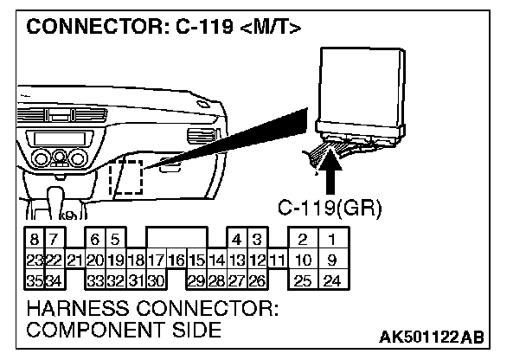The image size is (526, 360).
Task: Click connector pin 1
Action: pos(330,238)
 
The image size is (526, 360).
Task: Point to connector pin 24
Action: pos(330,280)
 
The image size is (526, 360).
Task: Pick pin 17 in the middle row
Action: pos(157,259)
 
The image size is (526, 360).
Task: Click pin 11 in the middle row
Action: pos(277,259)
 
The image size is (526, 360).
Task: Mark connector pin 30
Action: pos(157,280)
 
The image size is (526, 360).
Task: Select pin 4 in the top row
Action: pos(236,238)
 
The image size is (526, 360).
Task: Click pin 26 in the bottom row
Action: pos(257,280)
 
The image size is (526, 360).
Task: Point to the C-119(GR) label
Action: pos(330,208)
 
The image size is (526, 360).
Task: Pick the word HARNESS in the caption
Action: pos(77,309)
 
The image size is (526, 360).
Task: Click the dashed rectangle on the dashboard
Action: pos(126,176)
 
